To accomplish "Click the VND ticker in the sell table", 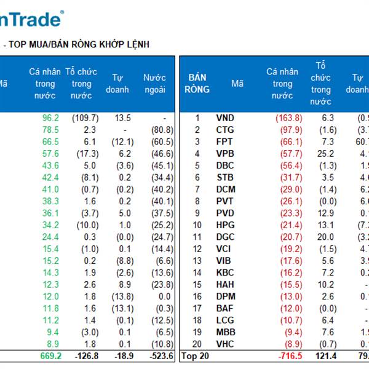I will point(226,118).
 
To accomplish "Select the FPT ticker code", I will point(225,142).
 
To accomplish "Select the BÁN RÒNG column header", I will point(197,84).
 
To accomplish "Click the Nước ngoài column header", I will point(154,84).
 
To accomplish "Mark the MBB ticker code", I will point(226,332).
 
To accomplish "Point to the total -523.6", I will point(161,356).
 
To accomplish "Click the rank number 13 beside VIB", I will point(197,261).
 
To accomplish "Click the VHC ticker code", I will point(226,344).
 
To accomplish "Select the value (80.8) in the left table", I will point(162,130).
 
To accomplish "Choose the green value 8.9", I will point(52,344).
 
